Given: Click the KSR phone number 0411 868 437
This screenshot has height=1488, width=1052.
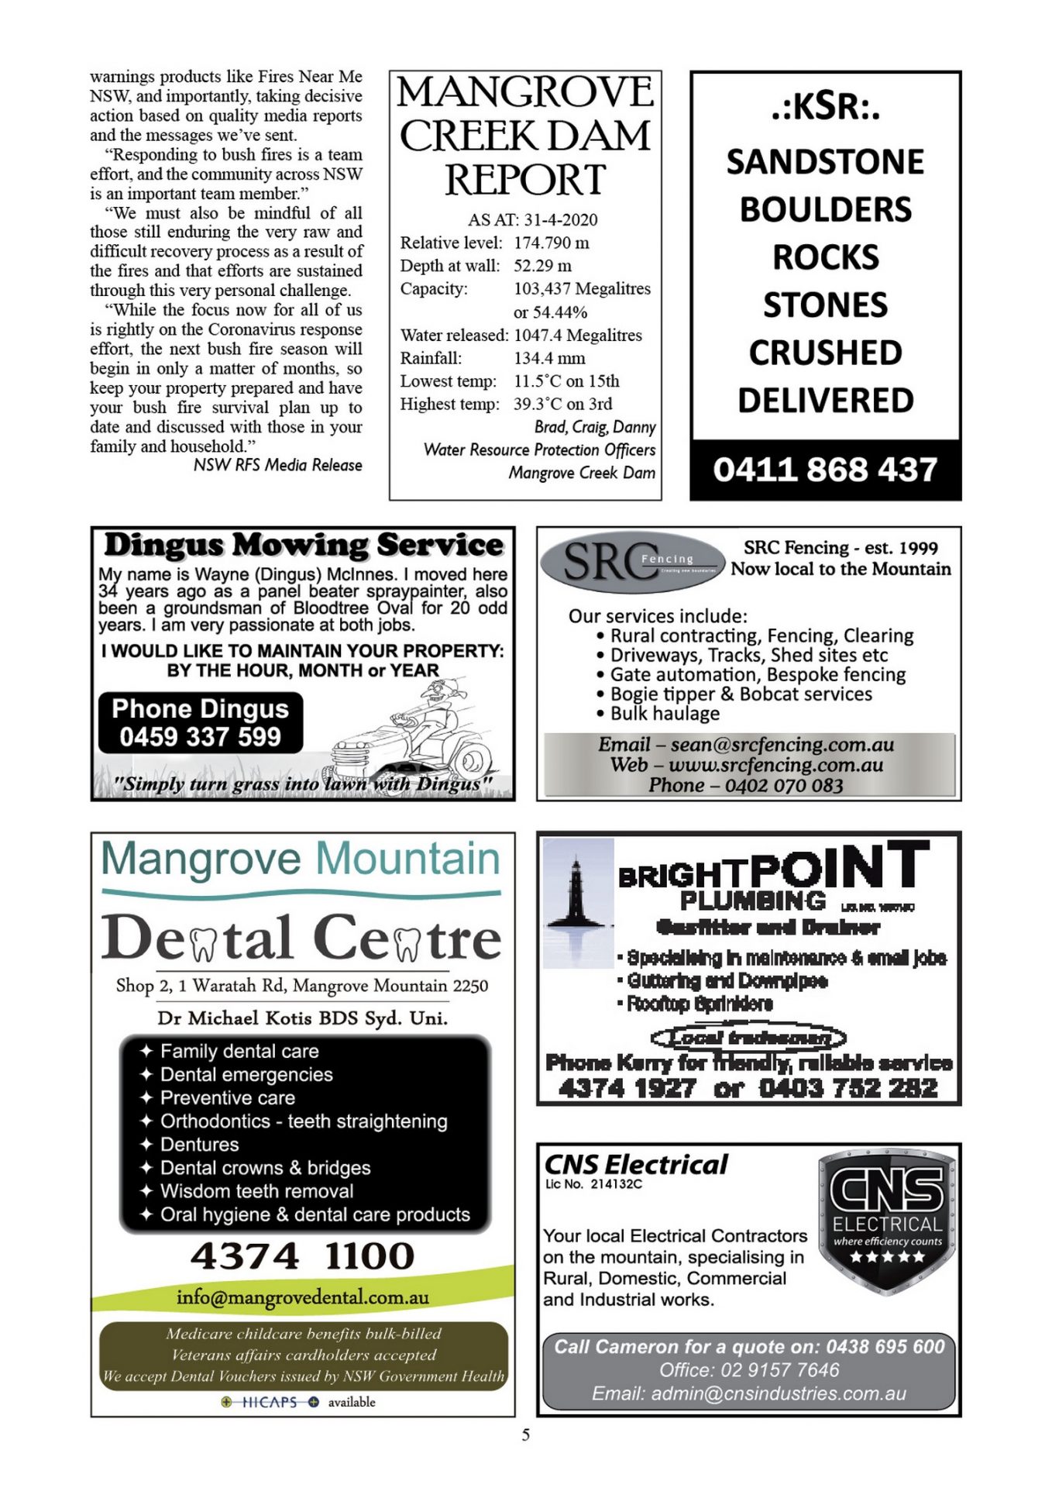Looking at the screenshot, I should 825,470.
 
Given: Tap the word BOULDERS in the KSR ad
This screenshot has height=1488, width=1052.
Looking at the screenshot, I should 825,210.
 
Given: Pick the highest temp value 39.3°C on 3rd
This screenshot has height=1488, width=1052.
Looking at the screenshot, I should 562,404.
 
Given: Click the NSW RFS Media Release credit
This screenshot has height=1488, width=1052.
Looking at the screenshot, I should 277,465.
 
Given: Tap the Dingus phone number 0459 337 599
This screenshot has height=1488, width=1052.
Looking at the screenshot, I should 200,736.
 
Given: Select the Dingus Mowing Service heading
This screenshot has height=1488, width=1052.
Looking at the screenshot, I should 303,545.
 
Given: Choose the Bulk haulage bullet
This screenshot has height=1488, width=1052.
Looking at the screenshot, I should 665,714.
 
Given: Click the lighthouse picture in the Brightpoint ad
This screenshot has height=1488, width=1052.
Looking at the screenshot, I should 577,903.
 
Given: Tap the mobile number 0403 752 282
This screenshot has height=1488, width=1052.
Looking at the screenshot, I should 847,1089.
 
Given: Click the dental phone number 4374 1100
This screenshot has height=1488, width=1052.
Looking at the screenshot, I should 302,1256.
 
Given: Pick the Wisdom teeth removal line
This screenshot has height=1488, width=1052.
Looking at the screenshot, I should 256,1191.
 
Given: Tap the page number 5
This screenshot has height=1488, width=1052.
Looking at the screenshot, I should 526,1435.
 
